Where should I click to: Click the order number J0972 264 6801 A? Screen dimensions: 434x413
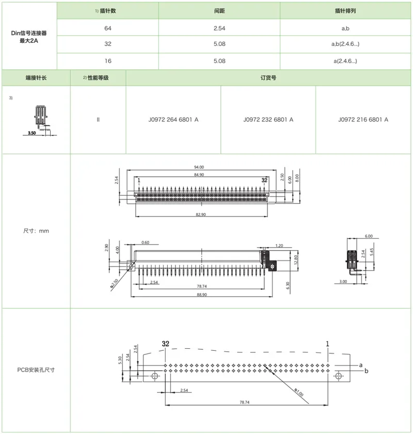173,119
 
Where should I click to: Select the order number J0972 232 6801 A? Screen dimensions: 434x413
268,119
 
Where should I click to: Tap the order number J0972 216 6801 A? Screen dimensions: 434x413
363,119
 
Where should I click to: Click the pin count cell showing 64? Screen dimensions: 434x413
107,27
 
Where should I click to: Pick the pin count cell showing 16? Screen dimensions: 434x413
107,61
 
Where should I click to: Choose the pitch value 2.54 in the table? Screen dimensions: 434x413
219,27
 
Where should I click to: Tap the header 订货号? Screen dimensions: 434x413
268,78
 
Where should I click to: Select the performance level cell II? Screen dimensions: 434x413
98,119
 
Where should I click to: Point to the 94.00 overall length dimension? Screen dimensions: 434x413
198,167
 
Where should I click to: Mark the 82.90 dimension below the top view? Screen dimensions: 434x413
201,214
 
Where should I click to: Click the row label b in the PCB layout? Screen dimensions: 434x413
366,371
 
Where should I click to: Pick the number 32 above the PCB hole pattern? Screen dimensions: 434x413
165,344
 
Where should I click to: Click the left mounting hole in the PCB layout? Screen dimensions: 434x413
154,376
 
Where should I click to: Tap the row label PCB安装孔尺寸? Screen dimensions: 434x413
36,369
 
